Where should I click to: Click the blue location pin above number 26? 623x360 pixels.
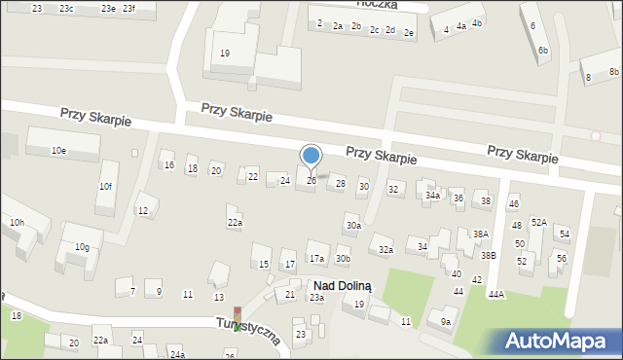click(311, 156)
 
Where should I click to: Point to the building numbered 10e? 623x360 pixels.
click(58, 150)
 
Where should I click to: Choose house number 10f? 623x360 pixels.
click(105, 186)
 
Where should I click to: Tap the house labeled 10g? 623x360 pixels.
click(82, 246)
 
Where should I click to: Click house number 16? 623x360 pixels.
click(169, 165)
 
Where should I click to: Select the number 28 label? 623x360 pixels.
click(340, 183)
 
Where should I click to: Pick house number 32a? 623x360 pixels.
click(385, 250)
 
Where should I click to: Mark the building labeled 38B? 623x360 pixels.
click(487, 255)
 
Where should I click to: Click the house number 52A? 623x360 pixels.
click(539, 222)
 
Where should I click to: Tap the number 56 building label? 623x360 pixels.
click(561, 258)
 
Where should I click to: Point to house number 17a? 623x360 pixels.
click(316, 258)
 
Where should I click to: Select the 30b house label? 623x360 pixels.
click(343, 258)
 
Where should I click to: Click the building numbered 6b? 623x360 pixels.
click(543, 50)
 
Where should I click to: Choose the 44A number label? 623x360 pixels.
click(496, 294)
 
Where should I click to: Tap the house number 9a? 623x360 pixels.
click(446, 321)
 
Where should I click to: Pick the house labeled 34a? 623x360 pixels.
click(432, 196)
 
